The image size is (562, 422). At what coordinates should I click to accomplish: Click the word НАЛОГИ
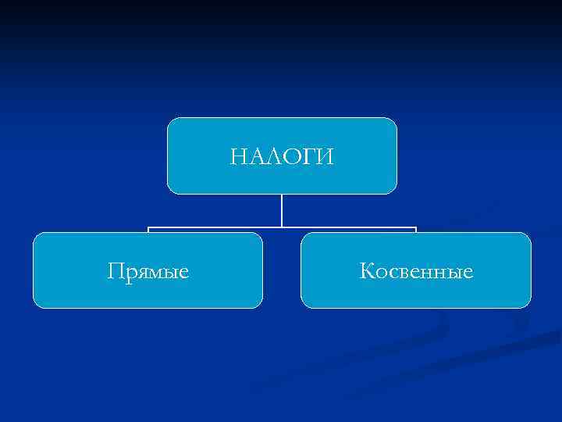282,156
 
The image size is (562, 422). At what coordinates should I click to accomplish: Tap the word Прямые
148,272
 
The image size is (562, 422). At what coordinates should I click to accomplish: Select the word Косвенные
416,271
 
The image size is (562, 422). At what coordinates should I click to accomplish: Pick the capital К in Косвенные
367,271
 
